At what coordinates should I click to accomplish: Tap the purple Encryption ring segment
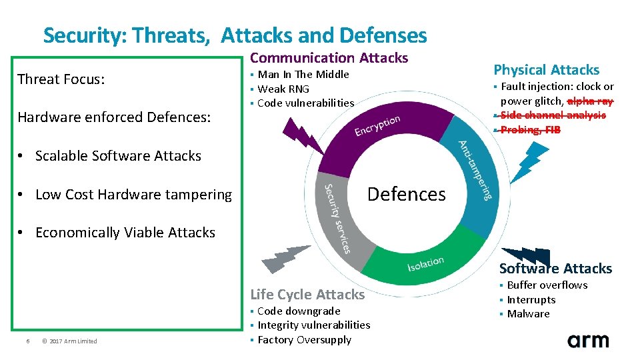point(373,131)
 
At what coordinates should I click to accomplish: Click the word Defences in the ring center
point(406,194)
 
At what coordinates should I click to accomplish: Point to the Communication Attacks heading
point(329,58)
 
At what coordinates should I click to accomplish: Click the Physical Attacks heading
point(546,69)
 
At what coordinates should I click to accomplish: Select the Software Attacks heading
point(555,269)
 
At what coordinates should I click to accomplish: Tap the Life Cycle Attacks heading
point(307,294)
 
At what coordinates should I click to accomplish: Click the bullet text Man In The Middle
point(303,74)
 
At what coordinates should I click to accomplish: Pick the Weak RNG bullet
point(283,89)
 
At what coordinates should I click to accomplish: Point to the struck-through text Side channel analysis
point(553,115)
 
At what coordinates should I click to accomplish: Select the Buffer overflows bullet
point(547,285)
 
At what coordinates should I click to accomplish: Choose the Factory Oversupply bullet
point(304,339)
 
